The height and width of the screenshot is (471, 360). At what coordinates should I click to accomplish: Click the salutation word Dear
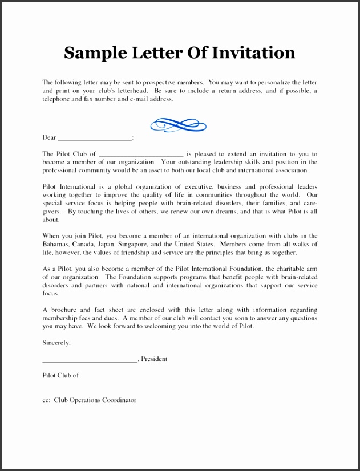tap(49, 137)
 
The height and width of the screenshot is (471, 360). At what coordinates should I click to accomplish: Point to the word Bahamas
tap(56, 244)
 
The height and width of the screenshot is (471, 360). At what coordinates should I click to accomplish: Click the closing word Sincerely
tap(56, 343)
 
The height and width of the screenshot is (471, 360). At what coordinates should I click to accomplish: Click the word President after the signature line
tap(155, 359)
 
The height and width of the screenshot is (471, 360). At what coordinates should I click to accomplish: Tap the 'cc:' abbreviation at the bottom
tap(47, 400)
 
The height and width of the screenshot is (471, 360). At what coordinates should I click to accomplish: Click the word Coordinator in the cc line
tap(119, 400)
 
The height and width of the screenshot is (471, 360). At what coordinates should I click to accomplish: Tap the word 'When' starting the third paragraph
tap(51, 236)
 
